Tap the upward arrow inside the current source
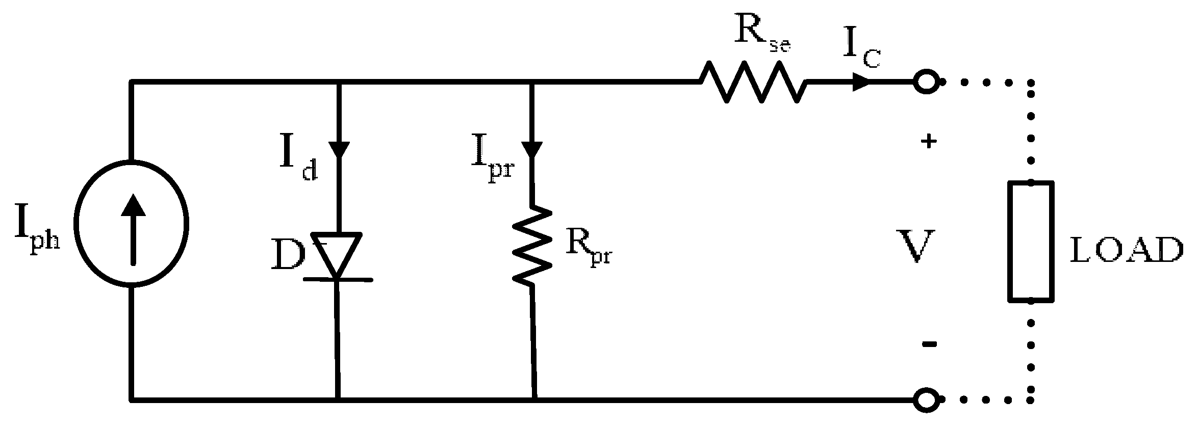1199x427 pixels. point(133,229)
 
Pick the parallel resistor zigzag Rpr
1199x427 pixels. point(532,245)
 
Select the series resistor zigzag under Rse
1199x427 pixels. point(753,82)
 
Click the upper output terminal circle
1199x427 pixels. point(926,82)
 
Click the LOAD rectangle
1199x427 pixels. point(1031,241)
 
